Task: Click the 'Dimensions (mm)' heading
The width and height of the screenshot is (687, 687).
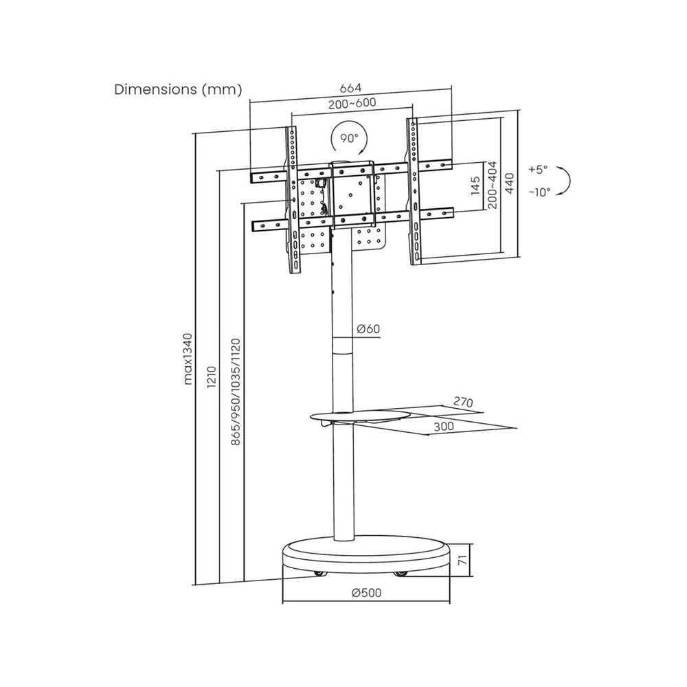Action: [x=178, y=89]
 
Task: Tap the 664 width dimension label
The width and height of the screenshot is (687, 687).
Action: [x=350, y=88]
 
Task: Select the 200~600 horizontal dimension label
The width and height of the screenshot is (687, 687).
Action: [x=352, y=104]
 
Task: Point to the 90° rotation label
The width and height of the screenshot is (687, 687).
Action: [x=349, y=138]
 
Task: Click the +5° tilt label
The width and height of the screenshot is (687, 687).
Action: [x=538, y=169]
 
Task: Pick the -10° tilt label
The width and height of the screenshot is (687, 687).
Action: [x=539, y=192]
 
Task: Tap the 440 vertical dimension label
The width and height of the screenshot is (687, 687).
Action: [x=510, y=183]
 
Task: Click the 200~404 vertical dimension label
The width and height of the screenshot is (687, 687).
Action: [x=493, y=185]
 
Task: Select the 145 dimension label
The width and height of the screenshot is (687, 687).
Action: [x=475, y=186]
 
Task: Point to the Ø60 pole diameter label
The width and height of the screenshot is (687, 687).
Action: [x=368, y=328]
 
